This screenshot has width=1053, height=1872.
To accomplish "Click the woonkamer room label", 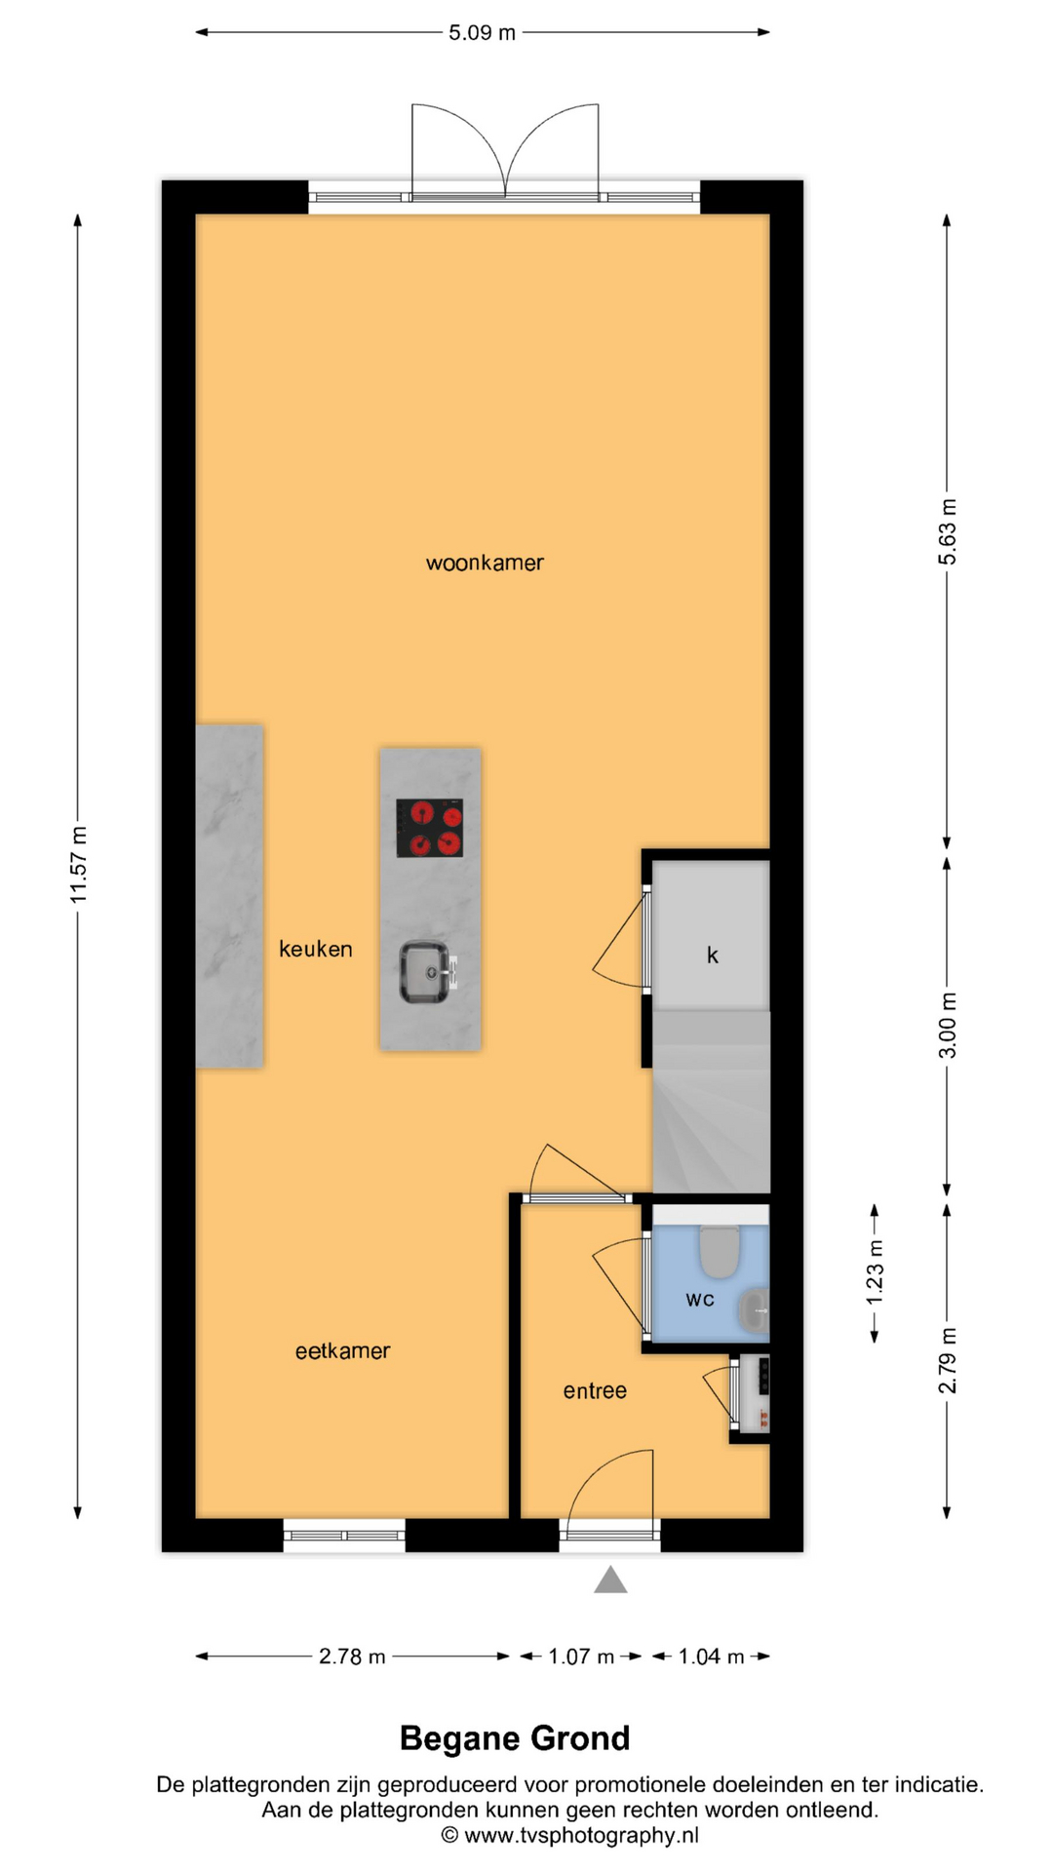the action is pyautogui.click(x=485, y=563).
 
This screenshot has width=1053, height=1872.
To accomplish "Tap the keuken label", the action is pyautogui.click(x=316, y=949).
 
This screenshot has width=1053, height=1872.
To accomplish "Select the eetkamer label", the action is pyautogui.click(x=342, y=1350).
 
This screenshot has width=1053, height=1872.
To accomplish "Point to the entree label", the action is pyautogui.click(x=595, y=1390).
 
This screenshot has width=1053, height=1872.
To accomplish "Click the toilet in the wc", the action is pyautogui.click(x=720, y=1251).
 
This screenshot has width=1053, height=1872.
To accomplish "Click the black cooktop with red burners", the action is pyautogui.click(x=430, y=828).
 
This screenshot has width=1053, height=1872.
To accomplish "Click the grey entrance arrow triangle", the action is pyautogui.click(x=610, y=1579).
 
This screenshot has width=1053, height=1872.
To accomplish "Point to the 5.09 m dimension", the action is pyautogui.click(x=482, y=32).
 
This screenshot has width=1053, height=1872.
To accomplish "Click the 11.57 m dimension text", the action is pyautogui.click(x=78, y=864).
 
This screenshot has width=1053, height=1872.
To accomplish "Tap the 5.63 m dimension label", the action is pyautogui.click(x=947, y=530).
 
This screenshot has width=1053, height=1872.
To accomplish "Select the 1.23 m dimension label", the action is pyautogui.click(x=875, y=1271).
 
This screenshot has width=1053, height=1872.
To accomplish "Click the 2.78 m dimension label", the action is pyautogui.click(x=352, y=1657).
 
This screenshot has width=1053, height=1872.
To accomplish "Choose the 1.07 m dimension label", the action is pyautogui.click(x=581, y=1657).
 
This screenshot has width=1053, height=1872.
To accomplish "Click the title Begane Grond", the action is pyautogui.click(x=515, y=1738).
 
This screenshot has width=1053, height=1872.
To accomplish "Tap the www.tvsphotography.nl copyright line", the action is pyautogui.click(x=570, y=1835).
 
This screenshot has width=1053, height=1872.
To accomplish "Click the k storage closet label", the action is pyautogui.click(x=713, y=955).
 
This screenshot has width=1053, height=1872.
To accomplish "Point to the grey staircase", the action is pyautogui.click(x=711, y=1102).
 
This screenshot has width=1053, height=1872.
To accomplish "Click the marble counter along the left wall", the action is pyautogui.click(x=229, y=896).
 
